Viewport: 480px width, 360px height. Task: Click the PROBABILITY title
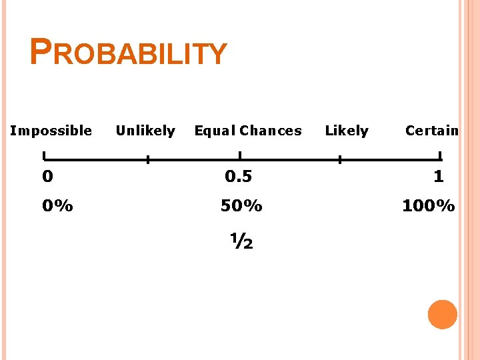(129, 53)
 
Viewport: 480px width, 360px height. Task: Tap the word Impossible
(51, 131)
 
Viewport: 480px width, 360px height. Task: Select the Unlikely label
(145, 131)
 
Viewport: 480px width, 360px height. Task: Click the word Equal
(215, 131)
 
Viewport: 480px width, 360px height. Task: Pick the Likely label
(347, 131)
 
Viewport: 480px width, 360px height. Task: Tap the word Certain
(432, 131)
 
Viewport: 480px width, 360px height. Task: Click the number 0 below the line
(47, 177)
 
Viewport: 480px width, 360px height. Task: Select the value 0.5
(238, 177)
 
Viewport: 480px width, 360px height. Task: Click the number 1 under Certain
(438, 177)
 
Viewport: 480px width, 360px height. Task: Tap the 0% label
(57, 206)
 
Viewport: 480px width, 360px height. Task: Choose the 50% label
(241, 206)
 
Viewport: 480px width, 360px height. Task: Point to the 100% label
(428, 206)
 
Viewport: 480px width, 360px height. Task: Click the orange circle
(442, 315)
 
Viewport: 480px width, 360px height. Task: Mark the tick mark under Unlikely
(148, 159)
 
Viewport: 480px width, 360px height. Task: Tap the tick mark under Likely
(339, 159)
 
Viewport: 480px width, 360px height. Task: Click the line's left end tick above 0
(44, 157)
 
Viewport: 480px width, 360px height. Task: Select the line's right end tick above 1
(440, 157)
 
